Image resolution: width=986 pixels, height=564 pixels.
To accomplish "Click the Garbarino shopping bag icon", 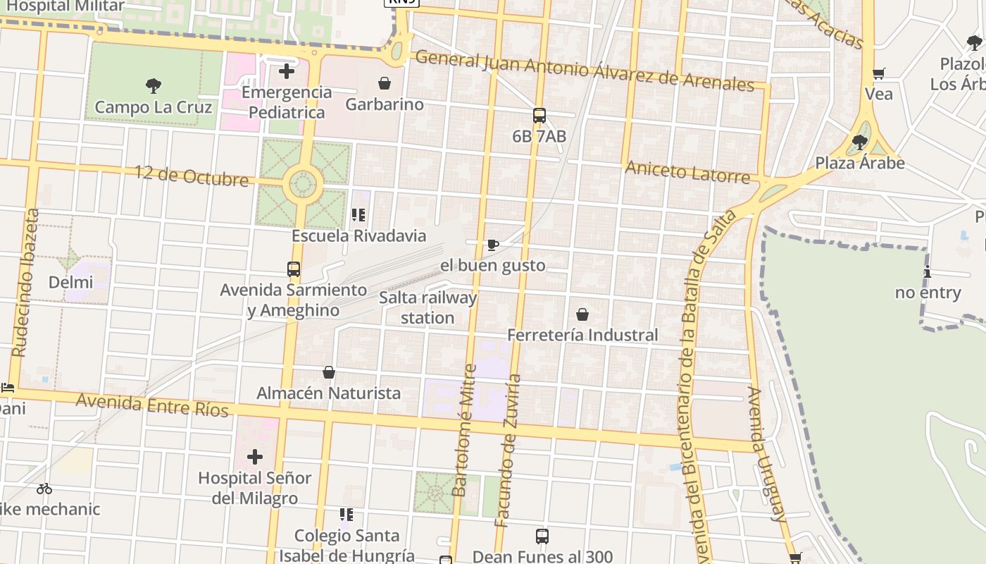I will (385, 84).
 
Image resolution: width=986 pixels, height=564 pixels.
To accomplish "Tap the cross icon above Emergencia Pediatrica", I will (287, 71).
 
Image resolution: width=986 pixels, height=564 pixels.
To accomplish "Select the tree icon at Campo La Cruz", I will (154, 87).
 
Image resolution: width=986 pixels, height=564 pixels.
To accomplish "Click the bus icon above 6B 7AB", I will (539, 116).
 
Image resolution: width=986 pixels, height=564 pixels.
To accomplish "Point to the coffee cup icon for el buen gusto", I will (493, 245).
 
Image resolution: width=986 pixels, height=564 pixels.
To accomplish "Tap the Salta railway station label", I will (428, 307).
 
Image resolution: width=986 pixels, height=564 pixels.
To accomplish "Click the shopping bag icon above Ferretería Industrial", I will (582, 314).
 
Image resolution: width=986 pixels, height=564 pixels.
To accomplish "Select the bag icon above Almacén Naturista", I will (329, 372).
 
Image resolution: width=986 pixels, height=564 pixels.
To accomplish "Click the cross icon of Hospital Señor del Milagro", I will (255, 457).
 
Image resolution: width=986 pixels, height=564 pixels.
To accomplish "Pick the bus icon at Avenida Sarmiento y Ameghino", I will (294, 269).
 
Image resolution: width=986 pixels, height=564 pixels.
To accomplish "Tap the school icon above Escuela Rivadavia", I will (358, 215).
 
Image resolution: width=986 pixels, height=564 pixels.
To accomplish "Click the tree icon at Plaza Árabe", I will (859, 142).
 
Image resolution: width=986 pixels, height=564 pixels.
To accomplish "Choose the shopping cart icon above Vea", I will (878, 73).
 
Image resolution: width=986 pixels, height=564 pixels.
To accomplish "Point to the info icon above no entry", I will (928, 272).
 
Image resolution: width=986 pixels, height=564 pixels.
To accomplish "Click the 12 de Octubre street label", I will (192, 176).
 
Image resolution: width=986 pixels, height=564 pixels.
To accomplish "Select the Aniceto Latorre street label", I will (687, 171).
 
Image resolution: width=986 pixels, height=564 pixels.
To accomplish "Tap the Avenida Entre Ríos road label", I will (152, 405).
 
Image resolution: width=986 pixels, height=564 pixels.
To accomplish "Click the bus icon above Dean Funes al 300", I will (542, 537).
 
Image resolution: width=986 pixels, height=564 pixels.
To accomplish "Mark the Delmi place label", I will (70, 283).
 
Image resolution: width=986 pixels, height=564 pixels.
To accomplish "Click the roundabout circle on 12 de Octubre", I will (303, 185).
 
